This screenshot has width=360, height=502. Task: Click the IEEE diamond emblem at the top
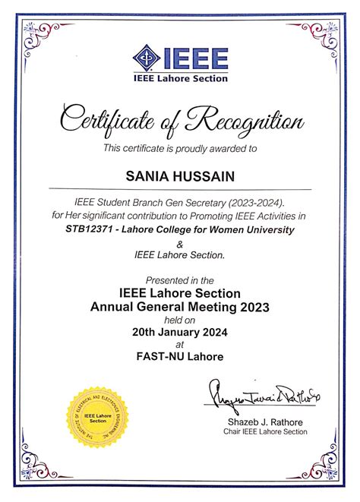click(x=146, y=57)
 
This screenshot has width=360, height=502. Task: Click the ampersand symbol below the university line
click(x=179, y=244)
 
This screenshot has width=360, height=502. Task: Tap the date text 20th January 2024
click(x=179, y=331)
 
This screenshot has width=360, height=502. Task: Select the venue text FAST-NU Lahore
click(x=179, y=357)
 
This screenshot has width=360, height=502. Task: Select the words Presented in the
click(x=179, y=280)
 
